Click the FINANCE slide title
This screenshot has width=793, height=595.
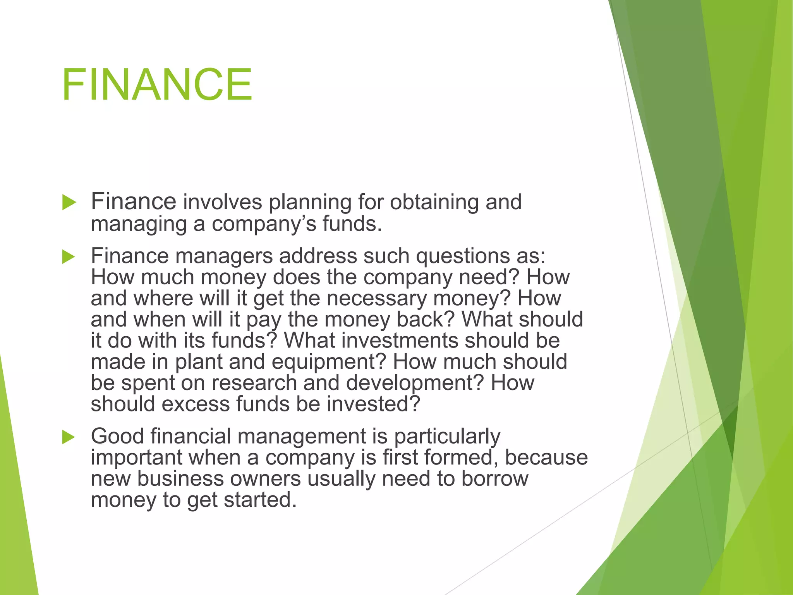157,84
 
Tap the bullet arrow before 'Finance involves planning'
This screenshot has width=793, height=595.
69,203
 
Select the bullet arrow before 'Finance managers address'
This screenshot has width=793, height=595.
69,256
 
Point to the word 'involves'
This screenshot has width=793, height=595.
222,202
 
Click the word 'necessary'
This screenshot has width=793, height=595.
376,299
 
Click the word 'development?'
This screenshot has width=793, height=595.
415,383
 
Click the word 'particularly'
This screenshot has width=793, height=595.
447,437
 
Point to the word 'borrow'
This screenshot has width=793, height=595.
494,479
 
